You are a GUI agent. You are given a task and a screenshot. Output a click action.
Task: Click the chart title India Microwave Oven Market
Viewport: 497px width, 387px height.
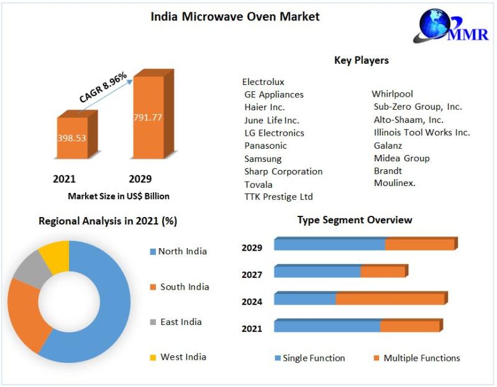[235, 17]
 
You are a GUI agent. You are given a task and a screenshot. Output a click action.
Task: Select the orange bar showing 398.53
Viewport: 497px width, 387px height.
[72, 138]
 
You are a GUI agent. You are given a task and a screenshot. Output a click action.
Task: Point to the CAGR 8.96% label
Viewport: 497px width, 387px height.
[103, 87]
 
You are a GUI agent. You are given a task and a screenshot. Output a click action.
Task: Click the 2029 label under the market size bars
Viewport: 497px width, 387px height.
[140, 179]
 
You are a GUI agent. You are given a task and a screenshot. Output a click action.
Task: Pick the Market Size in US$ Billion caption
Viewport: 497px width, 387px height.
[119, 196]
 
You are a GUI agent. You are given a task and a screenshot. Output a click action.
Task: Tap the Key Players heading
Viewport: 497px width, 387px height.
[361, 60]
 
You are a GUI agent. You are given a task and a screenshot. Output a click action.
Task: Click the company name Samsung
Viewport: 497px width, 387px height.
[263, 159]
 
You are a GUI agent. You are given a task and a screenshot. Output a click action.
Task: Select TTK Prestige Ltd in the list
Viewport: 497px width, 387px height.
[278, 197]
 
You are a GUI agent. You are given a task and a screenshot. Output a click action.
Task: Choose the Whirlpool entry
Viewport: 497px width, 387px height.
[392, 94]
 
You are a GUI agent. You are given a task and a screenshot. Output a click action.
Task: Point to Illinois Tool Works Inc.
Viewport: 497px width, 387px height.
[422, 132]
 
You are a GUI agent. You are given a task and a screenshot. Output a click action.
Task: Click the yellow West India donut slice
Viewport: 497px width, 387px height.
[55, 256]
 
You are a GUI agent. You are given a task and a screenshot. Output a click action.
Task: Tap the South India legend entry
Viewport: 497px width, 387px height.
[185, 287]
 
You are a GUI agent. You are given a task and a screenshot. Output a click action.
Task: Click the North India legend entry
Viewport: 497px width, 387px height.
[182, 251]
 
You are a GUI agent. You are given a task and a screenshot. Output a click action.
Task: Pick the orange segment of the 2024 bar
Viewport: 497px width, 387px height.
[390, 300]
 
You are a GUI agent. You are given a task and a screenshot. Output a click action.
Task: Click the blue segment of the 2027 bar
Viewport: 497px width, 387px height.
[317, 272]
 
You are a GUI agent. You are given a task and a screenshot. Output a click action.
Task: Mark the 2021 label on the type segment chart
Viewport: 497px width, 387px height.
[252, 328]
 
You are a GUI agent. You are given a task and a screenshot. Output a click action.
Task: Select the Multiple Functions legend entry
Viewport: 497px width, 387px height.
[421, 358]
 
